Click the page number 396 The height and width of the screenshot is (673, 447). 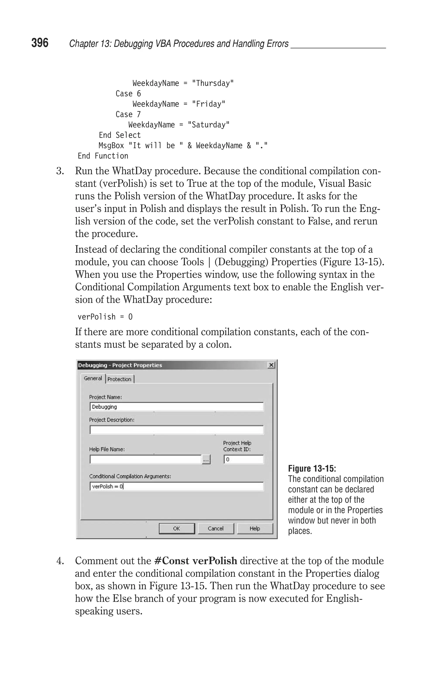40,43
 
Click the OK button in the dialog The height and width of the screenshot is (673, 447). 176,529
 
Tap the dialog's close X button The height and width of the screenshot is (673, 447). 271,365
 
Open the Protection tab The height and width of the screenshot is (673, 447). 119,379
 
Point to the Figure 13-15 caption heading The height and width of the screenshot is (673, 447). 312,468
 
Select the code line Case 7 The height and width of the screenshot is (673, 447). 128,115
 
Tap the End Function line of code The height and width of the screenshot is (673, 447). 103,156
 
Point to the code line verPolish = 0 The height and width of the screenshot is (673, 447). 105,317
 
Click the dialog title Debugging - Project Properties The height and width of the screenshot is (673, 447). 120,365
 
